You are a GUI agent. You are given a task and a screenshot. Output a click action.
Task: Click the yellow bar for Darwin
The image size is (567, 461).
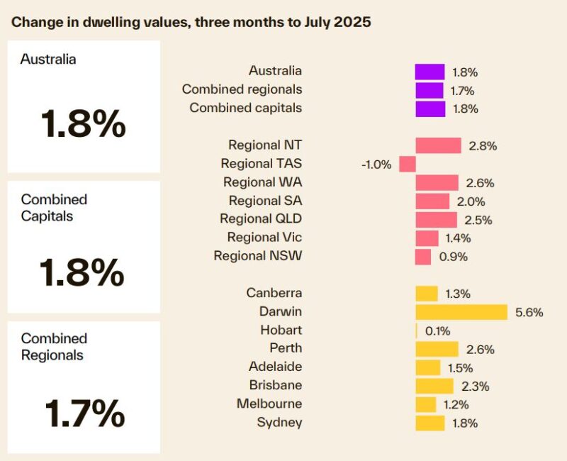pyautogui.click(x=461, y=312)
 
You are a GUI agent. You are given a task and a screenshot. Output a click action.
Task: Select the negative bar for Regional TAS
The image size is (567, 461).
pyautogui.click(x=407, y=165)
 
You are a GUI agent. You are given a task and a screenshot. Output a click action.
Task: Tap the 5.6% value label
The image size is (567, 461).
pyautogui.click(x=528, y=312)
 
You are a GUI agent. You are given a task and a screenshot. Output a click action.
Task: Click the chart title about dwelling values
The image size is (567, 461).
pyautogui.click(x=191, y=22)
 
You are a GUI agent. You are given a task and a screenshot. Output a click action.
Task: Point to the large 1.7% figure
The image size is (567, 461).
pyautogui.click(x=84, y=412)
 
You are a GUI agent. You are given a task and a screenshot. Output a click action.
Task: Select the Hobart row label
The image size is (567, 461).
pyautogui.click(x=281, y=331)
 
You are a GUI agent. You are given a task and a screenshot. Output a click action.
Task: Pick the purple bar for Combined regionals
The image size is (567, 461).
pyautogui.click(x=429, y=91)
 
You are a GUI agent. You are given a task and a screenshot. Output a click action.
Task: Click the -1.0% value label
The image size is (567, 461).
pyautogui.click(x=376, y=165)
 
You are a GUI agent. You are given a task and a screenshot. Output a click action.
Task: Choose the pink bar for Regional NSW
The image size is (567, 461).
pyautogui.click(x=423, y=257)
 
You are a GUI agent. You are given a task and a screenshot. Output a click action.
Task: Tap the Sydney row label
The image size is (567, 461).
pyautogui.click(x=280, y=423)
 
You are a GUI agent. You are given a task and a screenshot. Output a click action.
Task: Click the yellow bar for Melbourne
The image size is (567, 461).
pyautogui.click(x=425, y=404)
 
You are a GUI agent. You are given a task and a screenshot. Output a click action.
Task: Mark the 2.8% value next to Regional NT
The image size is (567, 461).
pyautogui.click(x=483, y=146)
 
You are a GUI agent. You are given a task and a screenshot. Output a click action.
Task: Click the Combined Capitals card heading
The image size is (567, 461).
pyautogui.click(x=54, y=208)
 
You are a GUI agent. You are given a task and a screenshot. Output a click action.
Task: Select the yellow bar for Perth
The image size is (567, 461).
pyautogui.click(x=437, y=349)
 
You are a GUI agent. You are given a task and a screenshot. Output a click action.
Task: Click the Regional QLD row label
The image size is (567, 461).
pyautogui.click(x=261, y=219)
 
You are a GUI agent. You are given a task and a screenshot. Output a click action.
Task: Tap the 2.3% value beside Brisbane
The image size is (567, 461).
pyautogui.click(x=475, y=387)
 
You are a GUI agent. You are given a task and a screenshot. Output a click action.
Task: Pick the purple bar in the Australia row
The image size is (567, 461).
pyautogui.click(x=430, y=72)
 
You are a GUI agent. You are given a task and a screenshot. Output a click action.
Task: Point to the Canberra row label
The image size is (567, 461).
pyautogui.click(x=274, y=293)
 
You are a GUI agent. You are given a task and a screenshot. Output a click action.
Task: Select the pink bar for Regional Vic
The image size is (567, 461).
pyautogui.click(x=427, y=238)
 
